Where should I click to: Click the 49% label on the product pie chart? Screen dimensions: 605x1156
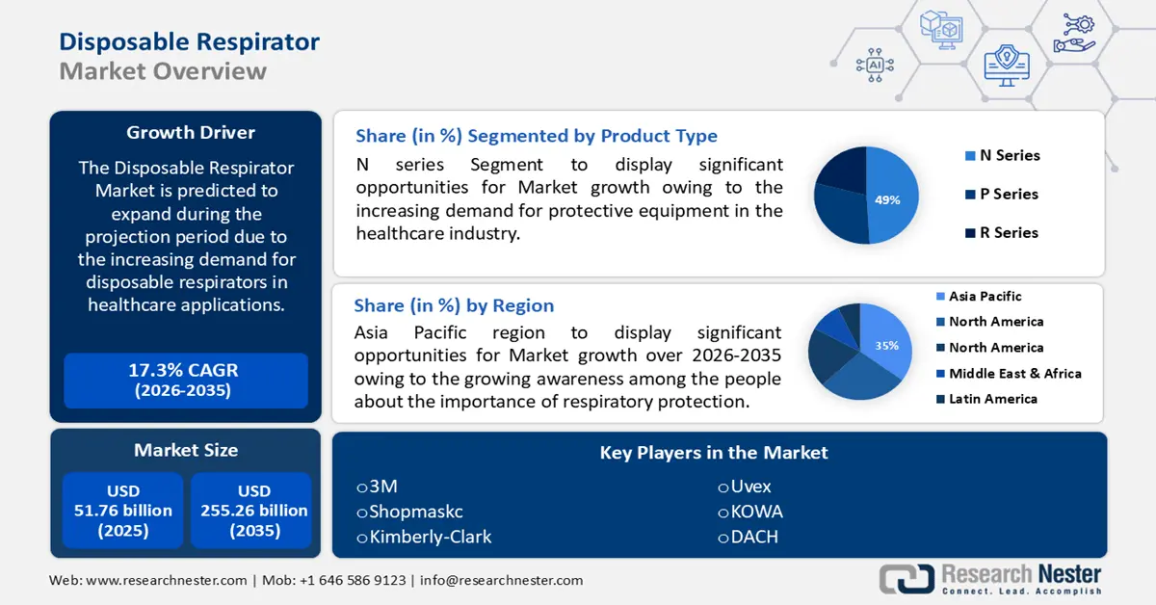pyautogui.click(x=887, y=200)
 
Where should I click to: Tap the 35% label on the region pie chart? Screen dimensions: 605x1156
pyautogui.click(x=886, y=345)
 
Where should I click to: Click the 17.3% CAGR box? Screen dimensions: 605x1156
pyautogui.click(x=185, y=381)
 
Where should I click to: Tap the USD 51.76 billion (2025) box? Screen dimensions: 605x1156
pyautogui.click(x=123, y=512)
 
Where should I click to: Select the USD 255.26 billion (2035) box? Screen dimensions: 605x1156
pyautogui.click(x=253, y=512)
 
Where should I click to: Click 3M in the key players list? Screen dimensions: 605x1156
pyautogui.click(x=378, y=487)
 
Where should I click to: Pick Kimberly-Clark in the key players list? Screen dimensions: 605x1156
pyautogui.click(x=424, y=537)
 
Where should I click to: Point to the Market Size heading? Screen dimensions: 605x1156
pyautogui.click(x=186, y=450)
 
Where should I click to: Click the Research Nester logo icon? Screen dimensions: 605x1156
pyautogui.click(x=906, y=578)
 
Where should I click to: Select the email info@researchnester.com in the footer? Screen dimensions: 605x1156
pyautogui.click(x=501, y=580)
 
